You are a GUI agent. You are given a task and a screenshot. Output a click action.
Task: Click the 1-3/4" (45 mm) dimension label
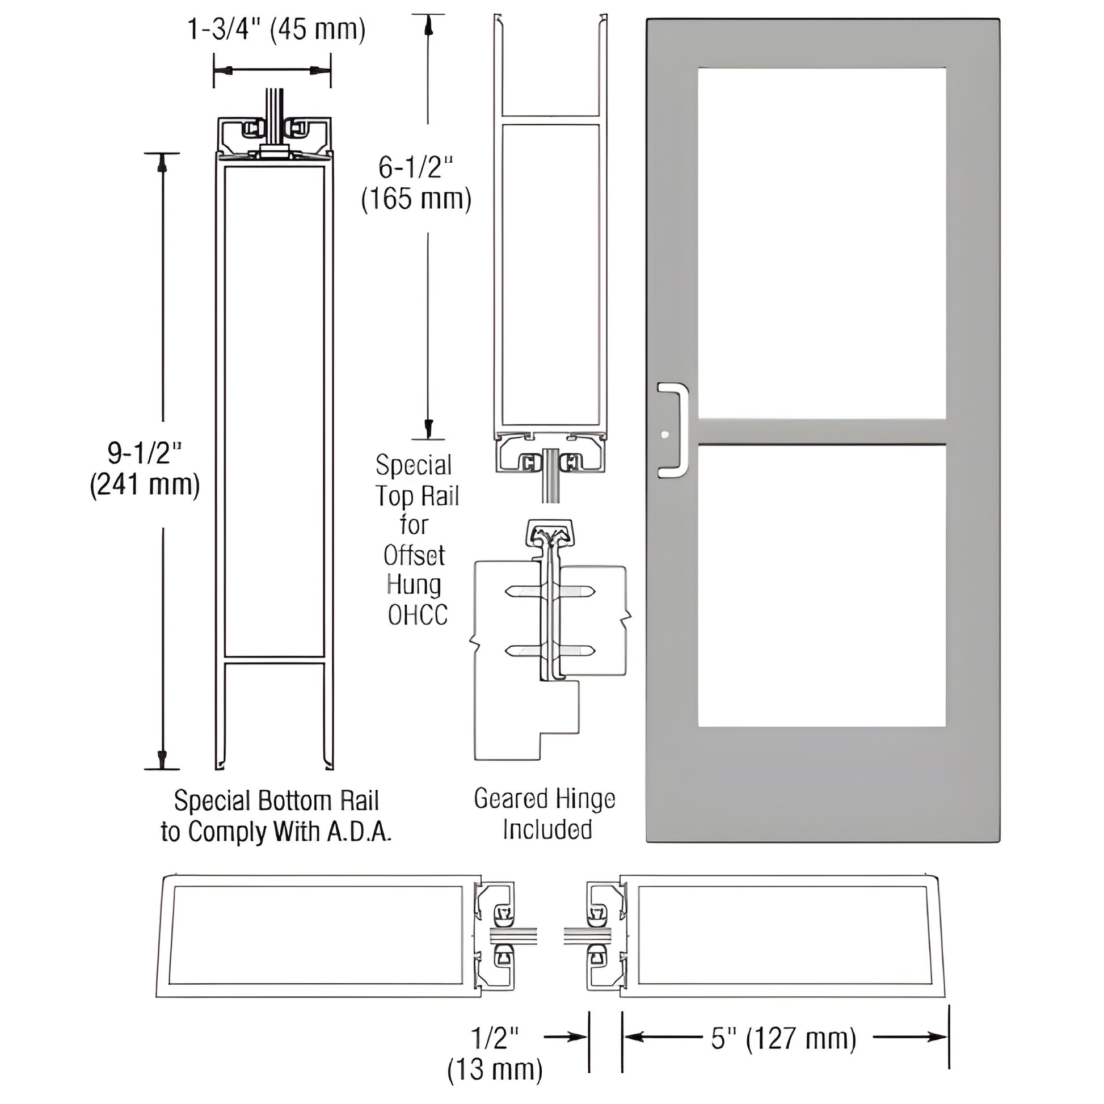pos(277,30)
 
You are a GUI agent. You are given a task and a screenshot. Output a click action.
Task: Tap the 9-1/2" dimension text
pos(145,453)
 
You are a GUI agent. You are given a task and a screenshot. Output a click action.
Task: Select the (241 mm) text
pos(145,485)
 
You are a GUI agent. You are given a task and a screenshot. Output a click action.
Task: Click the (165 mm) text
pos(416,199)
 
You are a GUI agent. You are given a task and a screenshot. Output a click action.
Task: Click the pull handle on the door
pos(676,429)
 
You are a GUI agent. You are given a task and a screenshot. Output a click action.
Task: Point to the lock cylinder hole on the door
pos(664,435)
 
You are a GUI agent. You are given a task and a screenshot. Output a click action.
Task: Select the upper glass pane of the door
pos(821,243)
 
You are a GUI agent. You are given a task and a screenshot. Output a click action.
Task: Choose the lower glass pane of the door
pos(821,585)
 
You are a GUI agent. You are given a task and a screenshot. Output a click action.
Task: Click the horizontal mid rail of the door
pos(821,431)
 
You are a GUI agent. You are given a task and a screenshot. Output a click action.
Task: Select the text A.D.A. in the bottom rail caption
pos(359,832)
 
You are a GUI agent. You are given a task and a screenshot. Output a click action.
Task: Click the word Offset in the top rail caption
pos(414,555)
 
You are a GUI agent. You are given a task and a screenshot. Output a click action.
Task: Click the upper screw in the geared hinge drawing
pos(550,591)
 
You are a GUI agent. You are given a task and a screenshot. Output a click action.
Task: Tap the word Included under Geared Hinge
pos(547,830)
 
